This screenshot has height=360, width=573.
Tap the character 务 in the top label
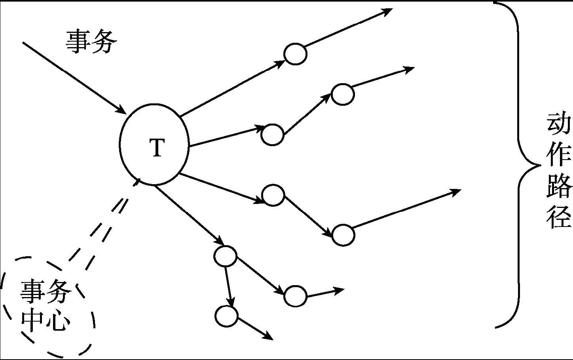(x=104, y=42)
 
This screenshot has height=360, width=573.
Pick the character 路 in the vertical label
(x=559, y=186)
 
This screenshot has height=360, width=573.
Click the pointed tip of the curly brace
(x=541, y=165)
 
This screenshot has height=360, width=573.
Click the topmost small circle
(x=295, y=54)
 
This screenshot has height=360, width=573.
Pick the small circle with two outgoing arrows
(x=225, y=256)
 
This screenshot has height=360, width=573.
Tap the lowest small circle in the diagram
(x=226, y=316)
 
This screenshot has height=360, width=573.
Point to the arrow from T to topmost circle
(x=232, y=89)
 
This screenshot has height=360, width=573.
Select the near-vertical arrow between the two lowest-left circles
(x=229, y=287)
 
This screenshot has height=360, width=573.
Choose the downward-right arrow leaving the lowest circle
(x=255, y=328)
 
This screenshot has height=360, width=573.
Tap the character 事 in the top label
(x=78, y=42)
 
